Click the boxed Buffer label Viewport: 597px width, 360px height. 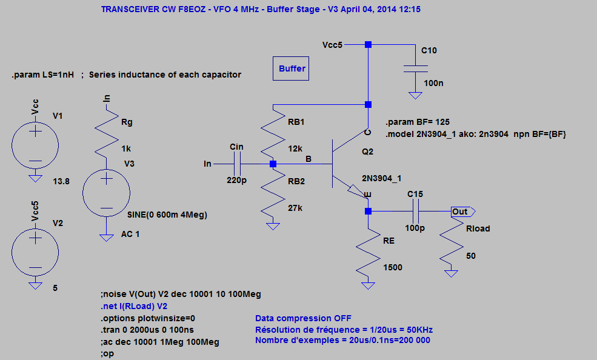point(292,69)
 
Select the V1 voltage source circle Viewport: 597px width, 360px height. point(35,146)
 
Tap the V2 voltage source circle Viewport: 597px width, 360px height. point(35,253)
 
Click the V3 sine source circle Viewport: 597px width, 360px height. point(106,193)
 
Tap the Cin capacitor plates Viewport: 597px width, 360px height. point(237,164)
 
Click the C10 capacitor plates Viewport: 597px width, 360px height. point(415,68)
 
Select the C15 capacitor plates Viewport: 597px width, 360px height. point(415,211)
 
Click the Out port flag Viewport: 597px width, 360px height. point(462,211)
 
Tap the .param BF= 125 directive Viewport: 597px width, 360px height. point(417,122)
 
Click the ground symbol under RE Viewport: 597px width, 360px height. point(368,285)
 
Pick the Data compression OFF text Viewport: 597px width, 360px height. point(303,318)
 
